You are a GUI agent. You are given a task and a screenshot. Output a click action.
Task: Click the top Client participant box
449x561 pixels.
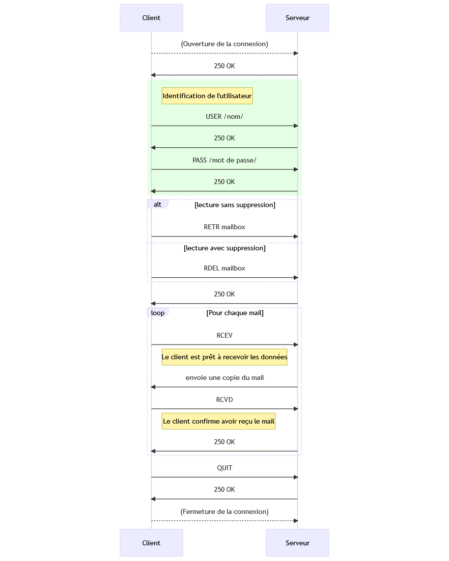tap(151, 18)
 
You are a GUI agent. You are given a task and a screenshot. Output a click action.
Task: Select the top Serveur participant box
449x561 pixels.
tap(297, 18)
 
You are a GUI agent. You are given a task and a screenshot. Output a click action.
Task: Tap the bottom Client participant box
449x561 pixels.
tap(151, 543)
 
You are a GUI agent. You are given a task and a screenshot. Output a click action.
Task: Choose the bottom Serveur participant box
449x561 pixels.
tap(297, 543)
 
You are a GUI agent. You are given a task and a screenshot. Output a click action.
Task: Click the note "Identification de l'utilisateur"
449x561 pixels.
tap(207, 96)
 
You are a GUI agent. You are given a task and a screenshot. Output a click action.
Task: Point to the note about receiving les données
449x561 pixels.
tap(224, 357)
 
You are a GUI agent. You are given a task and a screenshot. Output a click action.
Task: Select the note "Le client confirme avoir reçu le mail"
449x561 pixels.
tap(219, 421)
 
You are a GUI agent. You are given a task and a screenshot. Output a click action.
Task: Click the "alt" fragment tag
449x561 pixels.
tap(158, 204)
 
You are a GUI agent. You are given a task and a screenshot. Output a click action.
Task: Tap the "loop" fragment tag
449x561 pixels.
tap(158, 313)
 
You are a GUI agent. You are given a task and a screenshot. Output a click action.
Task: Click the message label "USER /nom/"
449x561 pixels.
tap(224, 117)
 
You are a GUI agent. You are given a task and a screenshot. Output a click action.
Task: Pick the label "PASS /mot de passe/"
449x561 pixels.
tap(224, 160)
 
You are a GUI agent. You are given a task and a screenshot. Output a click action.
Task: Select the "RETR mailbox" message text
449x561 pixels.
tap(224, 227)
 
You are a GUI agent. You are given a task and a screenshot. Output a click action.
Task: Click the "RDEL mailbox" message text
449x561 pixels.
tap(224, 268)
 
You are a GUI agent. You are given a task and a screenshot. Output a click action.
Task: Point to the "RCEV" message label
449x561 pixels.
tap(224, 335)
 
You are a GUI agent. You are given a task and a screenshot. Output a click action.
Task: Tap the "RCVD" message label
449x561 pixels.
tap(224, 400)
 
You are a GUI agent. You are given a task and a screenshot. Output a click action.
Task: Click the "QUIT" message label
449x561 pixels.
tap(224, 468)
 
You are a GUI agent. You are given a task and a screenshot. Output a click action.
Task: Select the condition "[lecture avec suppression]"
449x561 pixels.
tap(224, 248)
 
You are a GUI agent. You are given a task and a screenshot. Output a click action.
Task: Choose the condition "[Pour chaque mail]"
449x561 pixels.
tap(235, 313)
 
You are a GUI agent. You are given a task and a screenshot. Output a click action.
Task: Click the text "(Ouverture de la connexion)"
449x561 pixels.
tap(224, 44)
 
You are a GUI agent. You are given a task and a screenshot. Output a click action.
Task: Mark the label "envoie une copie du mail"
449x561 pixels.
tap(224, 377)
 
